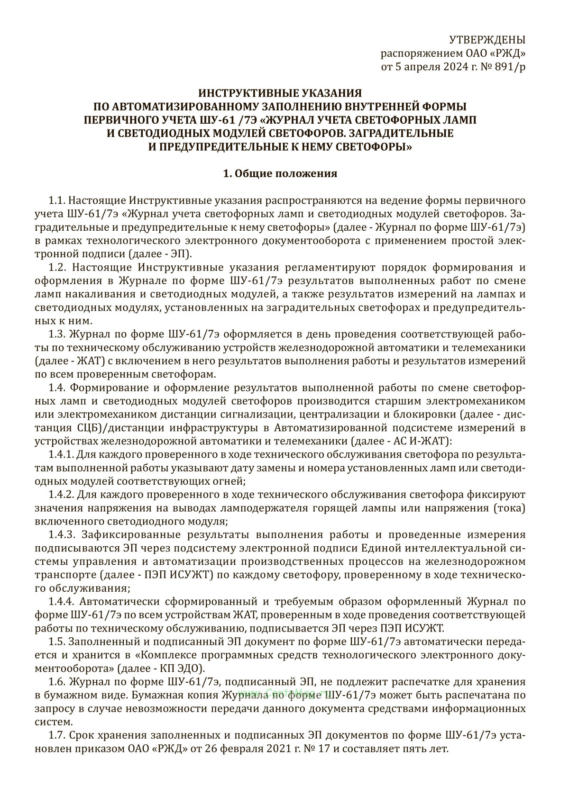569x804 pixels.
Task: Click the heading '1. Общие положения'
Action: click(x=280, y=173)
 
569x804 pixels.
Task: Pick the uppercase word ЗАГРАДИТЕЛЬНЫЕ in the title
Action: click(x=398, y=133)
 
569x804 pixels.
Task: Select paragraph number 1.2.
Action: click(x=59, y=268)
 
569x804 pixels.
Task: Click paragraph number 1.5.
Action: click(x=59, y=642)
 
